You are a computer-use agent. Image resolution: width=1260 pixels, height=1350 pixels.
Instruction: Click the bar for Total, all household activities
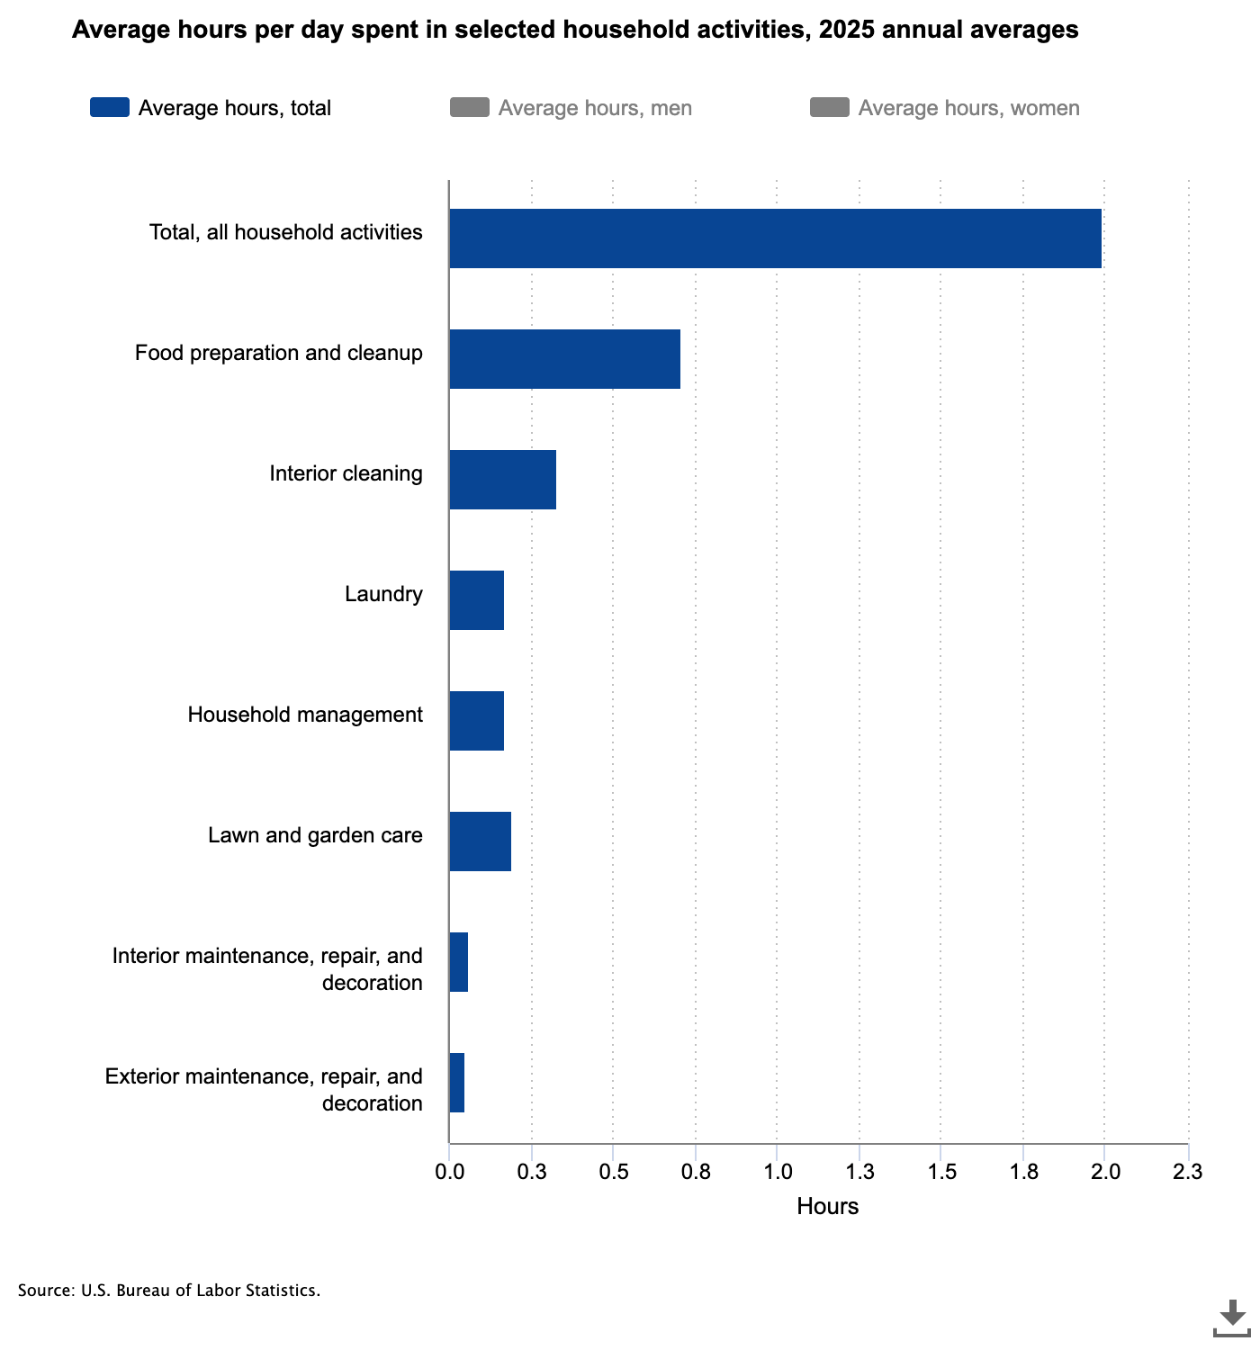pos(775,238)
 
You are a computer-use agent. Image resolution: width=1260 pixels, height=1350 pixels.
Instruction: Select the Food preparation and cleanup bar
pos(564,359)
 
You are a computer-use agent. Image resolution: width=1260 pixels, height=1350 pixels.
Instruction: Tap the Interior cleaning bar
pos(502,479)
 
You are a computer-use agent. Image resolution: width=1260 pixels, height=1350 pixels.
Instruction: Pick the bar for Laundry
pos(477,600)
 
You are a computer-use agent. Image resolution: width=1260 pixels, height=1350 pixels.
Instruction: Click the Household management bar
pos(477,721)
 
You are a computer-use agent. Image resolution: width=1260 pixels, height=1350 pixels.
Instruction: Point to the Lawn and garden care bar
pos(480,841)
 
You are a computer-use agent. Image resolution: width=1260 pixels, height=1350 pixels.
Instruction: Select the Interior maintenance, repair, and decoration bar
pos(458,962)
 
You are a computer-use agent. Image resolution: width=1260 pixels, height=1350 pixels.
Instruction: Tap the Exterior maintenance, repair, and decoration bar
pos(457,1082)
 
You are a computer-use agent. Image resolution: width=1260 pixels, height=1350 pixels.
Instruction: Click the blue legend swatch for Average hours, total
pos(110,107)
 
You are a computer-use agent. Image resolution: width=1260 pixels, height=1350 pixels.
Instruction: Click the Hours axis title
pos(827,1206)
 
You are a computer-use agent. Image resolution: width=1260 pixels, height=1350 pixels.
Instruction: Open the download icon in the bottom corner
pos(1231,1318)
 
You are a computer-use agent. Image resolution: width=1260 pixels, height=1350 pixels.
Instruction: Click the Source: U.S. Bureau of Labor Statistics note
pos(168,1291)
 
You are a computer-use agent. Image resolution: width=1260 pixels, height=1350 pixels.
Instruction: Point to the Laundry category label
pos(383,594)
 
